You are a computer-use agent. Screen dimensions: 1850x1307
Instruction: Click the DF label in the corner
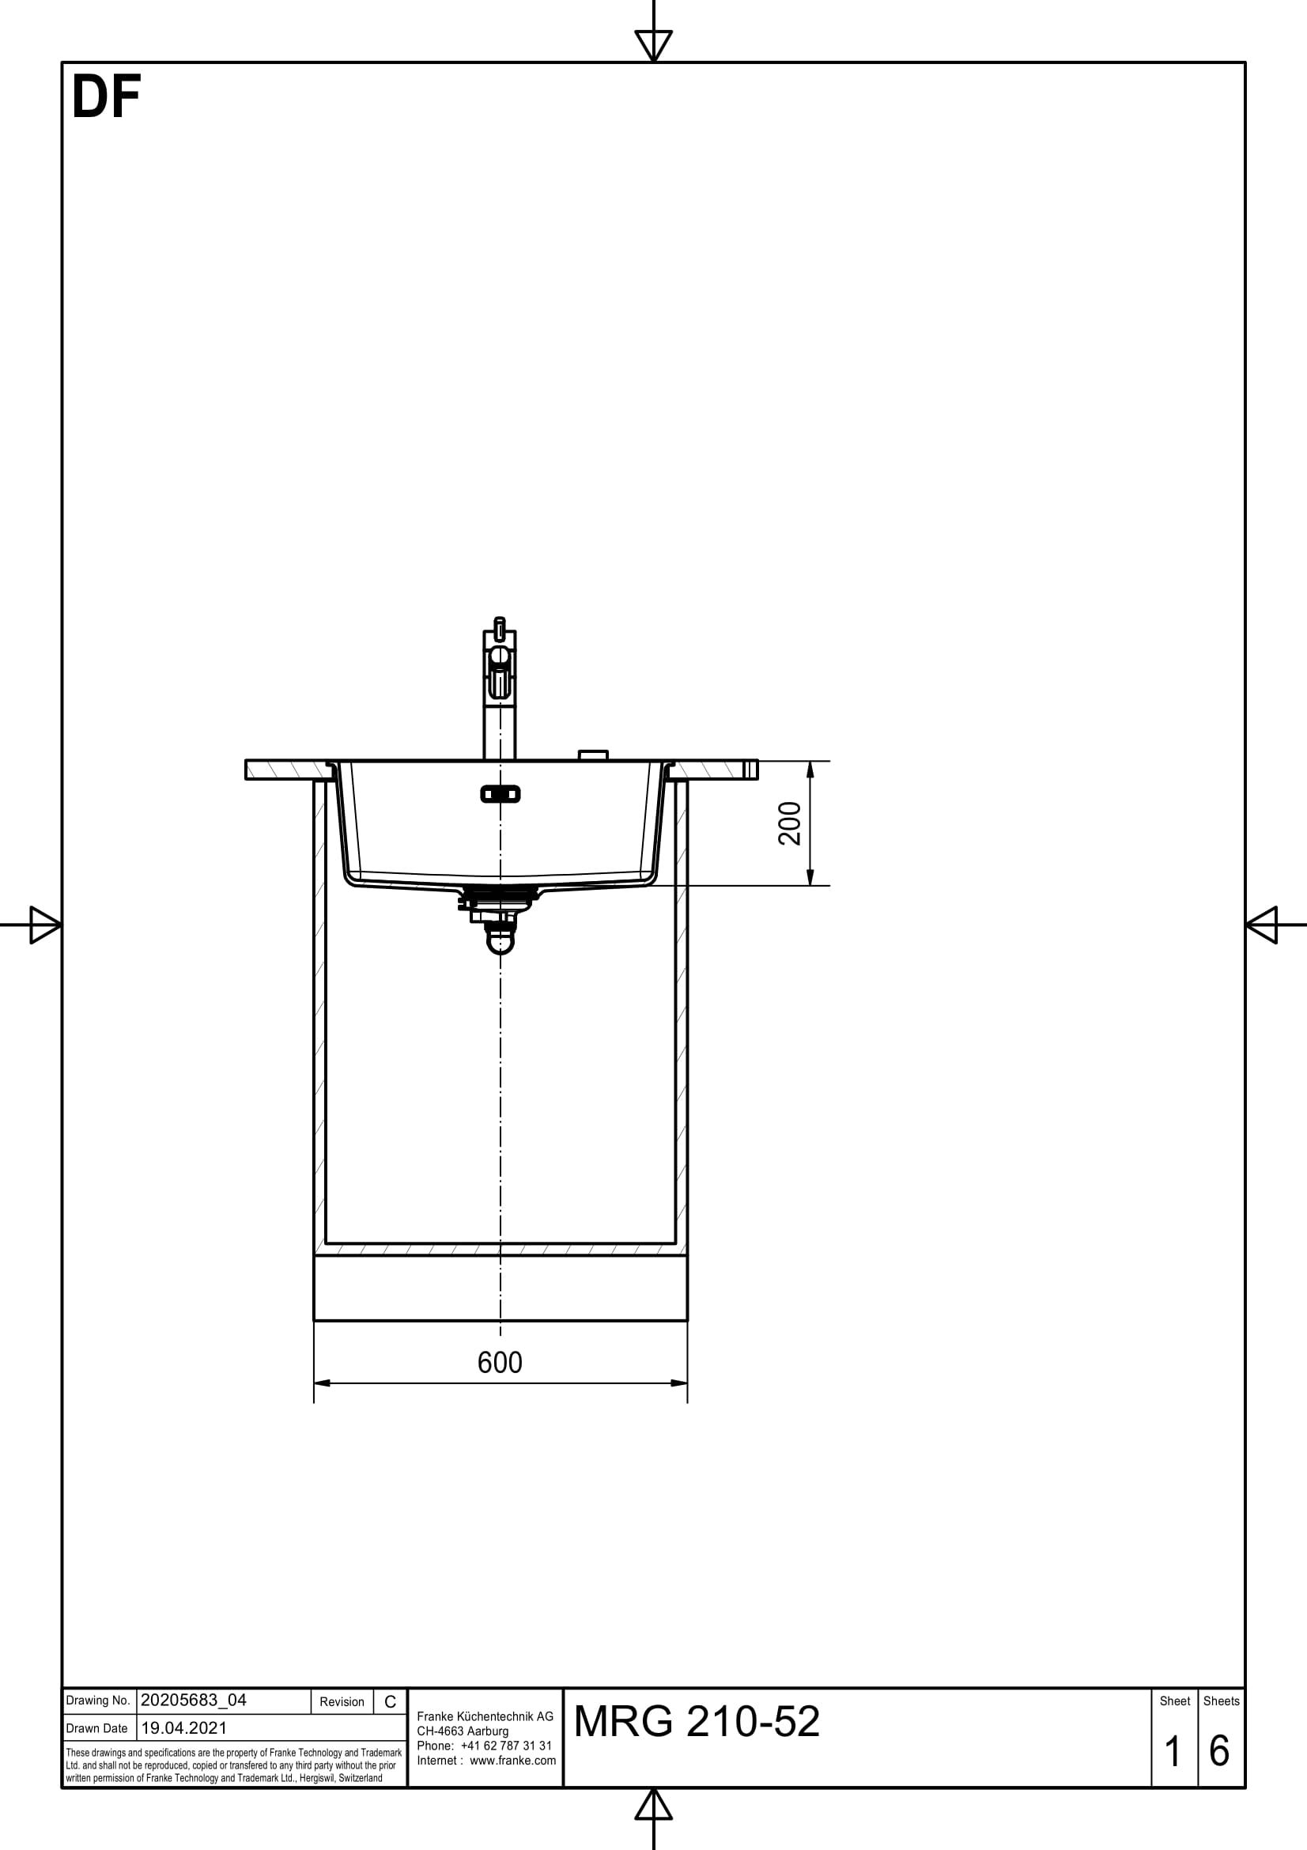point(106,98)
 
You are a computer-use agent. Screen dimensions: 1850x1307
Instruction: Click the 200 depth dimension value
point(790,823)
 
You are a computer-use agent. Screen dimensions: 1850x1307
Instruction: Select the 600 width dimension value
point(499,1363)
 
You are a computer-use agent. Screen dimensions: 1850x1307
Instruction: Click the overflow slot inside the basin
point(500,794)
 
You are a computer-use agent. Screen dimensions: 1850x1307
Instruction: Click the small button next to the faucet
point(593,755)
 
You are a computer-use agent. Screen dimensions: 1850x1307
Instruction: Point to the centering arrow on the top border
point(653,44)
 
